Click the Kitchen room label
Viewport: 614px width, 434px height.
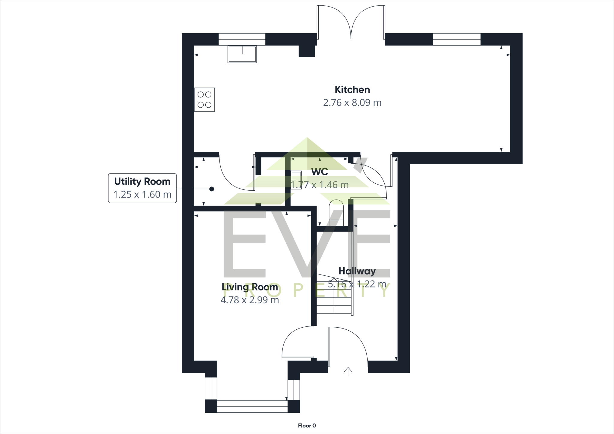coord(352,90)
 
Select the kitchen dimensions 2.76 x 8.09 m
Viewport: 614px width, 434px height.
coord(352,103)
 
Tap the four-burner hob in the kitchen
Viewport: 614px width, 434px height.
coord(204,100)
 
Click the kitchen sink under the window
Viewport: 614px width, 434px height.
coord(242,54)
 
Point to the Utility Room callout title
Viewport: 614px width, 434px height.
coord(142,182)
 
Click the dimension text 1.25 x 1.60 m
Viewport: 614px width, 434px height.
coord(142,195)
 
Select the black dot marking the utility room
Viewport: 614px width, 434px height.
coord(212,189)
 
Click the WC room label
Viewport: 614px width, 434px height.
coord(320,172)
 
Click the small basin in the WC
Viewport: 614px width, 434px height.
coord(296,180)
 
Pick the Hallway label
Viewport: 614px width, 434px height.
coord(357,271)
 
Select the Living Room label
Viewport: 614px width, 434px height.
coord(250,287)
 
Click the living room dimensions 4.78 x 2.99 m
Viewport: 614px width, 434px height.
coord(250,300)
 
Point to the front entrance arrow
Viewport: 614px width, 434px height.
coord(348,371)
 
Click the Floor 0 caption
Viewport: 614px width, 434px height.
coord(307,426)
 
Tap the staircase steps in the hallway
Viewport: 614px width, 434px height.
coord(334,297)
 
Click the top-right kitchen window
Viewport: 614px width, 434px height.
coord(457,39)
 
